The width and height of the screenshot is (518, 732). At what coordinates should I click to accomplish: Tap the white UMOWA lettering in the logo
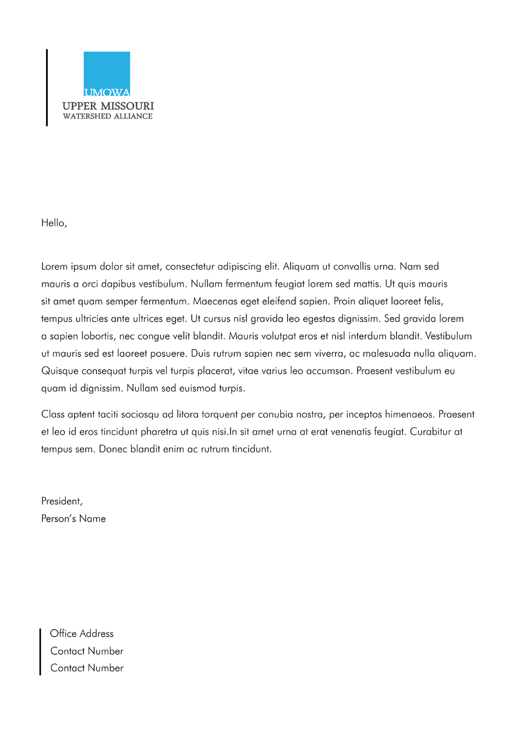click(x=107, y=92)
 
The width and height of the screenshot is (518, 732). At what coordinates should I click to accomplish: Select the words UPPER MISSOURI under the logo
click(x=108, y=106)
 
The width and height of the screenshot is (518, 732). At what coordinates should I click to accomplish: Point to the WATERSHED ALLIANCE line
click(x=108, y=116)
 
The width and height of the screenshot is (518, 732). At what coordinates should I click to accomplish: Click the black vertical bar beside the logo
click(x=47, y=87)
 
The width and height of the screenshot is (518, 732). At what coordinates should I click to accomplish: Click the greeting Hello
click(x=54, y=223)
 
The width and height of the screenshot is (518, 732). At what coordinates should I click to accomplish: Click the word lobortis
click(x=95, y=336)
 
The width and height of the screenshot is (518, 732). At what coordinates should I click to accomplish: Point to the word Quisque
click(x=60, y=371)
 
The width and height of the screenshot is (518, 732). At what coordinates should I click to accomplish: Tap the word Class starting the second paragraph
click(x=53, y=415)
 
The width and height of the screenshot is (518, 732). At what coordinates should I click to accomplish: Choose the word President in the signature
click(x=62, y=501)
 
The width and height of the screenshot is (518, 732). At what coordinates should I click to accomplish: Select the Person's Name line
click(x=74, y=519)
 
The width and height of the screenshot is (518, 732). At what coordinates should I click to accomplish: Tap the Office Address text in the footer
click(x=82, y=634)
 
